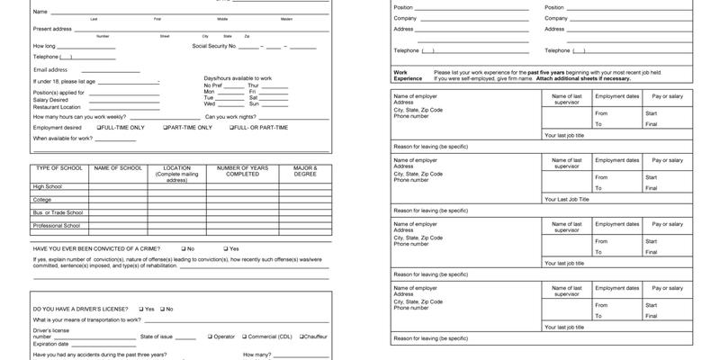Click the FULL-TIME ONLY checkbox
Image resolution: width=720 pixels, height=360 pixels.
[x=99, y=128]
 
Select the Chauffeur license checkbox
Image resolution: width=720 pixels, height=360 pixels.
[x=301, y=337]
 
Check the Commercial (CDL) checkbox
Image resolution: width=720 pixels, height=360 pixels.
[x=244, y=337]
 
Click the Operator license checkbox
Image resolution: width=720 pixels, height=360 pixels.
[x=210, y=337]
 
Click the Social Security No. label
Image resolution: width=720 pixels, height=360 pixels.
[x=213, y=46]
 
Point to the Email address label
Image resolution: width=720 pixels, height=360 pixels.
[x=50, y=69]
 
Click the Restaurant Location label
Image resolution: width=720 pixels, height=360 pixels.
[x=57, y=107]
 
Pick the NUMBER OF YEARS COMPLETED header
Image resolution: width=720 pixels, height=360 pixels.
[x=242, y=171]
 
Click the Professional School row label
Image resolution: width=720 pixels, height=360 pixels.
[x=57, y=226]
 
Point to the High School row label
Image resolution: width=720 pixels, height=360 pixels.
[x=48, y=186]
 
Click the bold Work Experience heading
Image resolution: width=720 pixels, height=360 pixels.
[x=408, y=75]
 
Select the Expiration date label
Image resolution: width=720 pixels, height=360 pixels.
[x=51, y=344]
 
